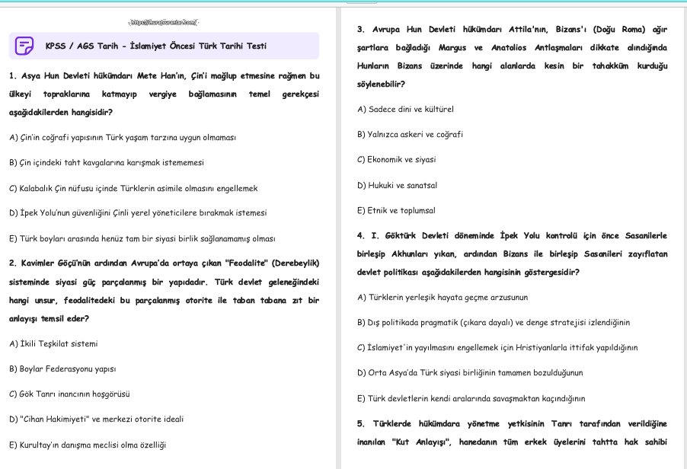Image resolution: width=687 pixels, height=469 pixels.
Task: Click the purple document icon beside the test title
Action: tap(24, 46)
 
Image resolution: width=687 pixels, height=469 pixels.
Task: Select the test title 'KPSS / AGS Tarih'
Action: tap(155, 46)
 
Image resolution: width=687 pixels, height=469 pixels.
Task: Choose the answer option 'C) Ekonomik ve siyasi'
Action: tap(396, 160)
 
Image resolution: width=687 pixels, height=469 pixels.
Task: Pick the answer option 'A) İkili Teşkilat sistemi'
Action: tap(53, 344)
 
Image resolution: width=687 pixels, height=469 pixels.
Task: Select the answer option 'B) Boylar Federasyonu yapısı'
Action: tap(62, 369)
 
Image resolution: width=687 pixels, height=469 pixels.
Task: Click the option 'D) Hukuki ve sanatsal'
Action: tap(397, 185)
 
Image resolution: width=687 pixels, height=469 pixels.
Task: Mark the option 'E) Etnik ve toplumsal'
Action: tap(395, 210)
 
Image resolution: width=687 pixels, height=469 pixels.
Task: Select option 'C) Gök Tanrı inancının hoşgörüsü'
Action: tap(69, 394)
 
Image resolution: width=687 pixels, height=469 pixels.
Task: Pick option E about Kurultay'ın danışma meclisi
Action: tap(88, 445)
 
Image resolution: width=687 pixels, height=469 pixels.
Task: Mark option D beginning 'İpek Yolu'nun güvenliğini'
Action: tap(138, 213)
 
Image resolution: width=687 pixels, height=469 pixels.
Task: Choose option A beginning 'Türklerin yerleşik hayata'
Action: tap(443, 297)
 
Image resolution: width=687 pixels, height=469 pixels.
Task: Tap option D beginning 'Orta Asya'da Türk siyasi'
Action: tap(470, 373)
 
